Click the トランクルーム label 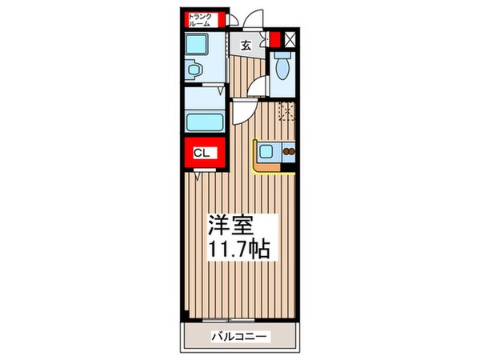coord(199,21)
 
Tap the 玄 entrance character coord(246,45)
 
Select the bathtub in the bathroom coord(205,122)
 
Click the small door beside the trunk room coord(230,21)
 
